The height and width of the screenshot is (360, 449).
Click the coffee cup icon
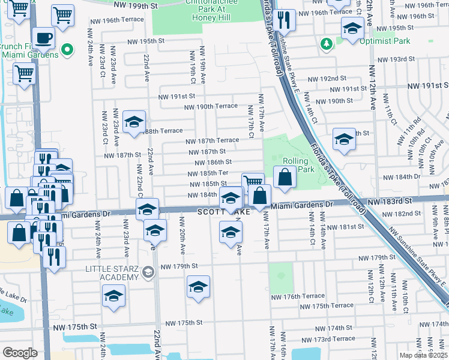(43, 38)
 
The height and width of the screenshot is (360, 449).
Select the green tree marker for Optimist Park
(326, 43)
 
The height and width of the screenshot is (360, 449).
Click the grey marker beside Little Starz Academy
(148, 274)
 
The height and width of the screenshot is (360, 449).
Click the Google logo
(20, 353)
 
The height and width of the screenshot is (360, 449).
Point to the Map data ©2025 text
(424, 355)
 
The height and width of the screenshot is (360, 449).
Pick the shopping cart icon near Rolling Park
(253, 182)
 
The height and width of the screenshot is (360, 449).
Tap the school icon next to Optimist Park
(352, 27)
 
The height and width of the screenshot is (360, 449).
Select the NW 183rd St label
(392, 203)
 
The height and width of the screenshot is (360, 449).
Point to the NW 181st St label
(346, 226)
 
